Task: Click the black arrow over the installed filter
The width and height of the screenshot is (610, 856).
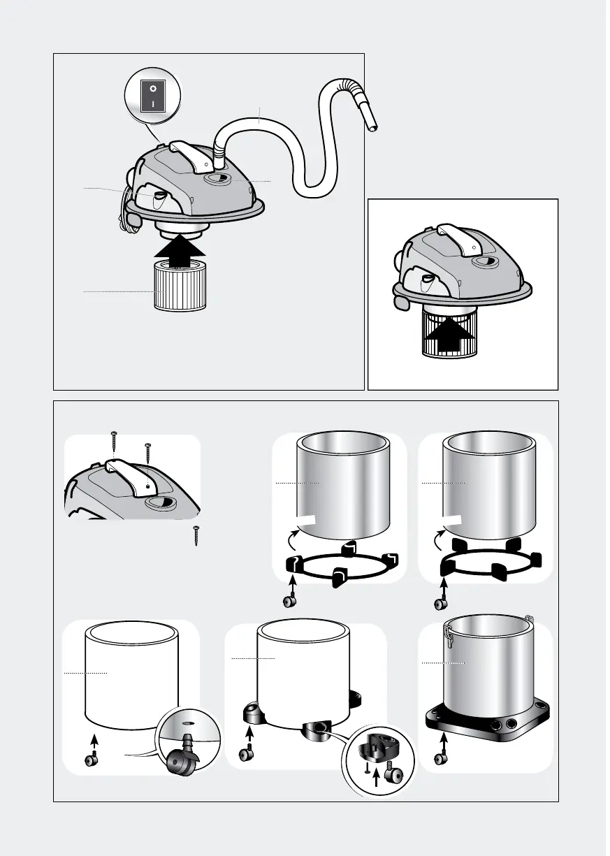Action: pos(447,334)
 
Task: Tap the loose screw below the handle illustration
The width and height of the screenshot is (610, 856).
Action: pos(197,536)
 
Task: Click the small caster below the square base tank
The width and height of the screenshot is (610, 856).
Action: pos(441,758)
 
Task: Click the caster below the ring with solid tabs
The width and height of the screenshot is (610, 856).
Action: pos(441,602)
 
